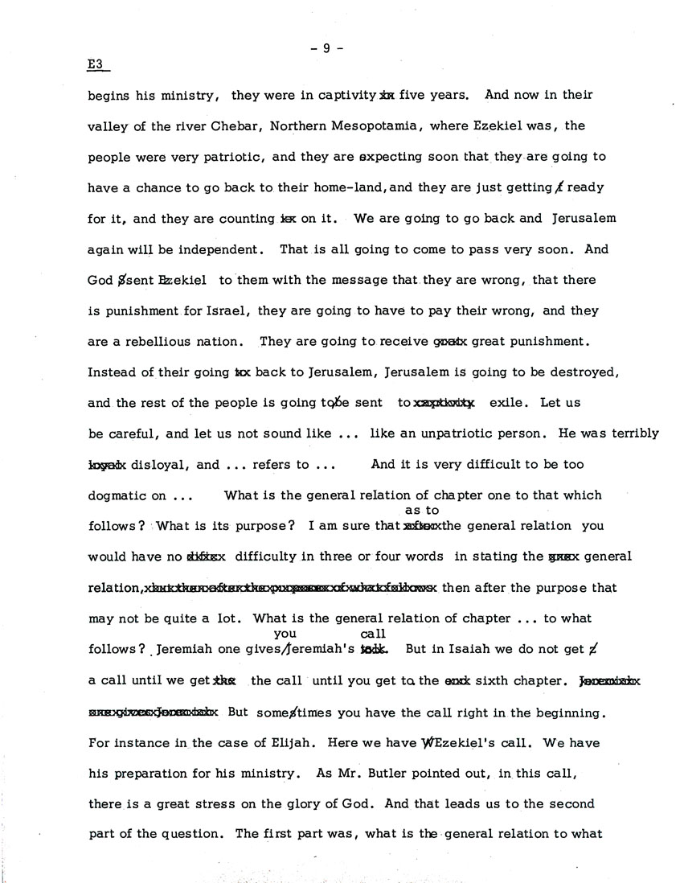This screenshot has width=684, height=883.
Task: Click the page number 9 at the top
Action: pyautogui.click(x=327, y=47)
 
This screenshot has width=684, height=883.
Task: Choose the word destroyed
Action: pyautogui.click(x=579, y=373)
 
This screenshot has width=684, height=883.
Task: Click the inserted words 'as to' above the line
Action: pyautogui.click(x=422, y=511)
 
